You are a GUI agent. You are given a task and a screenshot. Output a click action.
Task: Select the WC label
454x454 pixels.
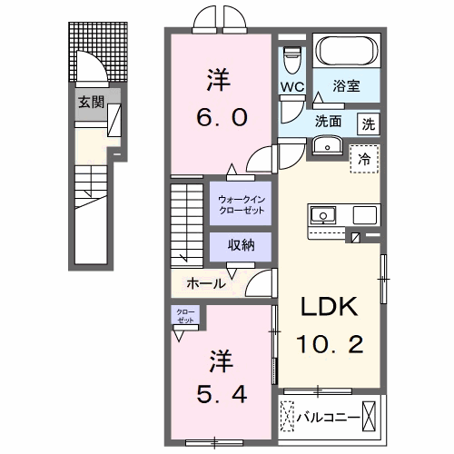coord(291,87)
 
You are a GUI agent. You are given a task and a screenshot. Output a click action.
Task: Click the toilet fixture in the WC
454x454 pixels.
coord(291,58)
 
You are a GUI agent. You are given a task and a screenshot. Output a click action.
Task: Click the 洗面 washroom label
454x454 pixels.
coord(328,120)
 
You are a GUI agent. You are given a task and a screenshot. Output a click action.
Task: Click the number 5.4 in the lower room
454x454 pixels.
coord(218,392)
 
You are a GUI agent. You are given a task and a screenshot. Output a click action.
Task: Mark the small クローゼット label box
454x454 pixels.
coord(184,317)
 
